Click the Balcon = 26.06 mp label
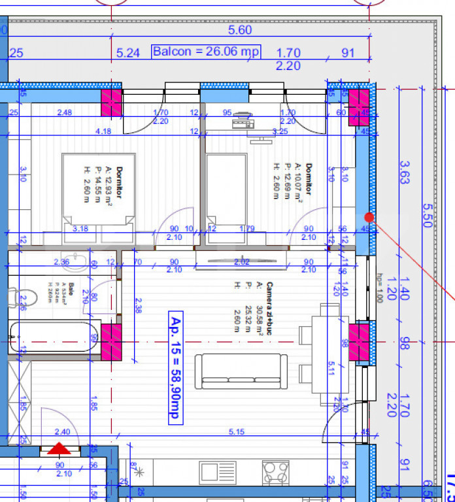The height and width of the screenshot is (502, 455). coord(206,52)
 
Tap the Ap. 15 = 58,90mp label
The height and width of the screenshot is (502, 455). coord(176,367)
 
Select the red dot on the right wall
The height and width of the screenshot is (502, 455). coord(369,216)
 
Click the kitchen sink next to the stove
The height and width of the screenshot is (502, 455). coord(218,473)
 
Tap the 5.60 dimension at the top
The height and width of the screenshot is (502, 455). coord(240,30)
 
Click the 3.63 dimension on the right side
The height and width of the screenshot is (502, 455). coord(405,173)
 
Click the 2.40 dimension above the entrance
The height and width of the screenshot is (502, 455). coord(62,431)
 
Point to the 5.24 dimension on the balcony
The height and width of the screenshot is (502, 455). coord(127,53)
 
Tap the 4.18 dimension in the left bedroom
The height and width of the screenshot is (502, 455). coord(103,131)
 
